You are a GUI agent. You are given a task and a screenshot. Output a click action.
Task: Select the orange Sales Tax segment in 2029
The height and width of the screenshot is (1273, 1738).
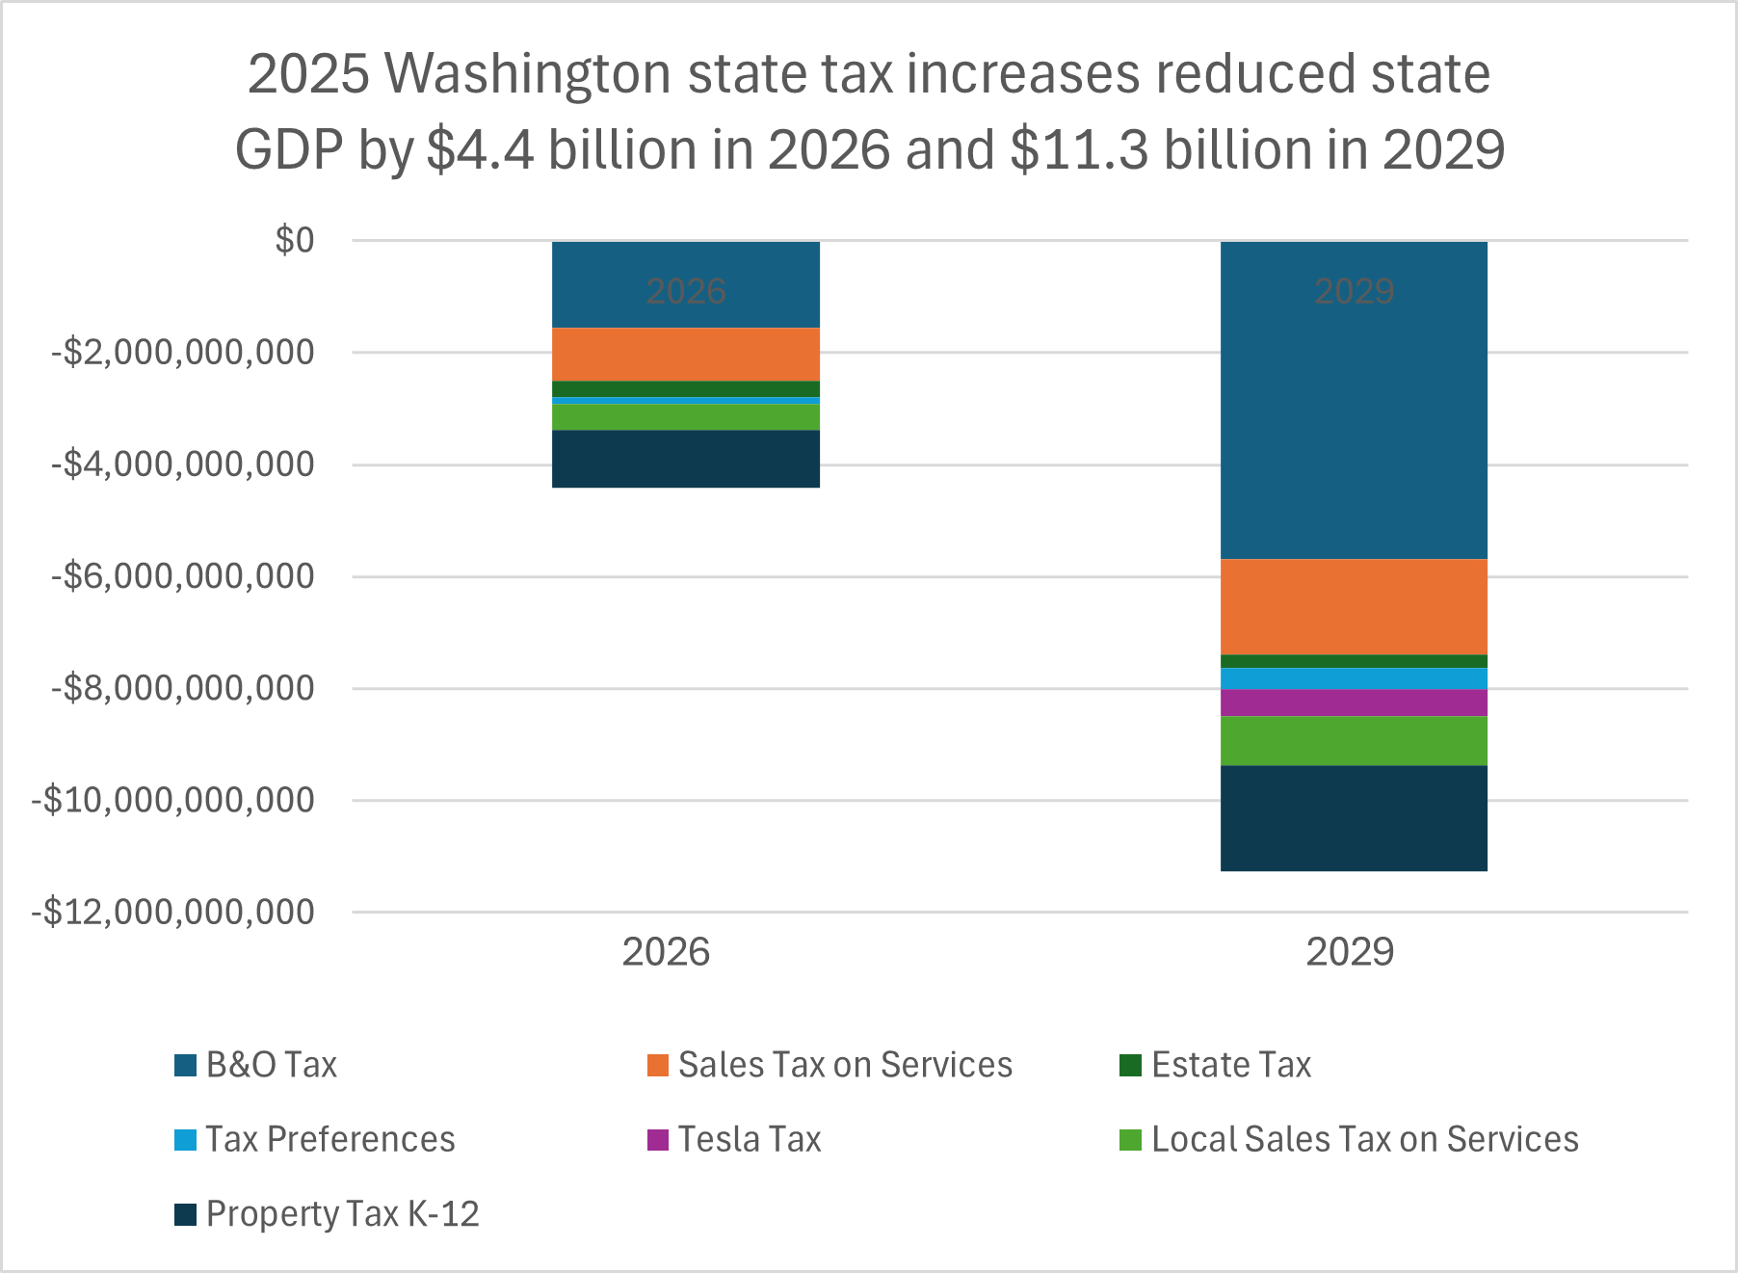(x=1354, y=606)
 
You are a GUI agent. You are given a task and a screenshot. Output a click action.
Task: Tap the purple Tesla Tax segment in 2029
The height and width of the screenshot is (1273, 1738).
(x=1354, y=703)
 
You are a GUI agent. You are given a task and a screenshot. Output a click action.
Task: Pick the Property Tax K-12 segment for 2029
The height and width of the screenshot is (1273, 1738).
(x=1354, y=818)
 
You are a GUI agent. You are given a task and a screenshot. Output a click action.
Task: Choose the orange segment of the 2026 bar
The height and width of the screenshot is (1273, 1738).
(x=685, y=354)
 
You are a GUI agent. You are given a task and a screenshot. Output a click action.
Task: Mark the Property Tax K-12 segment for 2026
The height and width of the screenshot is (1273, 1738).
(x=685, y=459)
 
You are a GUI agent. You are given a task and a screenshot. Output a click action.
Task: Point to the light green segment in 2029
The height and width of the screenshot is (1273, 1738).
(x=1354, y=740)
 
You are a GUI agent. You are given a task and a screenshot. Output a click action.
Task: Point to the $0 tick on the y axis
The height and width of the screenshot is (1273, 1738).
(x=295, y=240)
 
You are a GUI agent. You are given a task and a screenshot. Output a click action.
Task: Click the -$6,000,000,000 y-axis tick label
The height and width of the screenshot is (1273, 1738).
(x=183, y=576)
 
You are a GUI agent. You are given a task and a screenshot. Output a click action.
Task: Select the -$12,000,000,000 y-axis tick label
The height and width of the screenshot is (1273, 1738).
(x=173, y=912)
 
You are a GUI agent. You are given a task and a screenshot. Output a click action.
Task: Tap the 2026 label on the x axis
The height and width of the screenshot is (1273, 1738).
(x=666, y=952)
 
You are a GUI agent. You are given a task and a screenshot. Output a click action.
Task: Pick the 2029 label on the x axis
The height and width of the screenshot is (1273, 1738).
(x=1350, y=952)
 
